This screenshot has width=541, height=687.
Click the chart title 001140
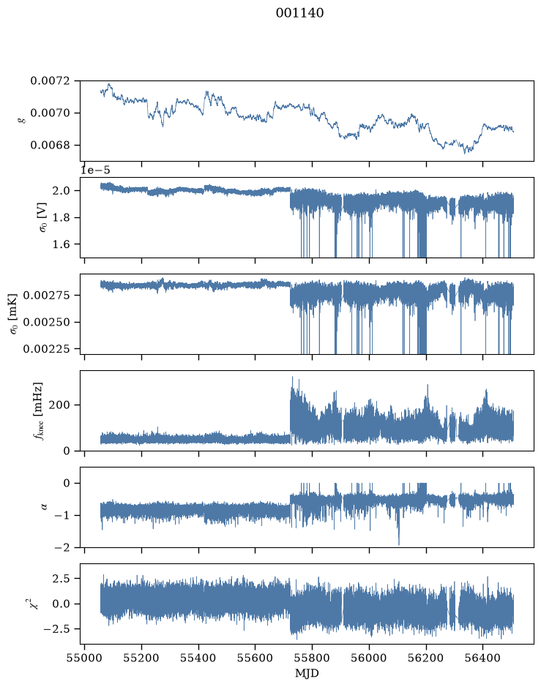pyautogui.click(x=300, y=13)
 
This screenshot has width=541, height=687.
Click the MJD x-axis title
pyautogui.click(x=307, y=673)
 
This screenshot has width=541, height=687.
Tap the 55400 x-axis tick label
pyautogui.click(x=198, y=658)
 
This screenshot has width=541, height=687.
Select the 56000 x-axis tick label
pyautogui.click(x=369, y=658)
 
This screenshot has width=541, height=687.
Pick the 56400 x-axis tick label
pyautogui.click(x=482, y=658)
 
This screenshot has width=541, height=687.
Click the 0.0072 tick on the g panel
pyautogui.click(x=50, y=80)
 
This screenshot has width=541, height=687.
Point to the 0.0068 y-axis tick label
pyautogui.click(x=50, y=145)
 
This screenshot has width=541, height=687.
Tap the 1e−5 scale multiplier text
pyautogui.click(x=96, y=170)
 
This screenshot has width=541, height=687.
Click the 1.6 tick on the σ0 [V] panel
pyautogui.click(x=61, y=244)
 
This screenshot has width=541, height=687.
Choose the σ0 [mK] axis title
pyautogui.click(x=14, y=314)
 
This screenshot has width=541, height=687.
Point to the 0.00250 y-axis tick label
pyautogui.click(x=46, y=322)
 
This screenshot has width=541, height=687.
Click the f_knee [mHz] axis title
pyautogui.click(x=38, y=410)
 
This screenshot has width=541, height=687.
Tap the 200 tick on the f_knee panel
pyautogui.click(x=59, y=405)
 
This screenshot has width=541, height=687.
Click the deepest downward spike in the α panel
pyautogui.click(x=398, y=544)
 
